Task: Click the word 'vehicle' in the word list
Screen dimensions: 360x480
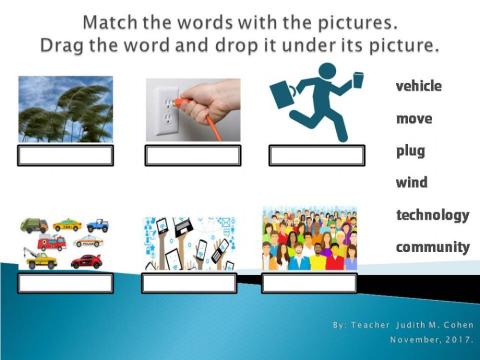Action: [418, 87]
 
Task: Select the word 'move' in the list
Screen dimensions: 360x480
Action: [413, 119]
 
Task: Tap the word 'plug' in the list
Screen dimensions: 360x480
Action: [410, 151]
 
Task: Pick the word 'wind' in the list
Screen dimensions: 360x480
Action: [411, 183]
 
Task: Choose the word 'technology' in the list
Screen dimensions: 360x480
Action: [432, 215]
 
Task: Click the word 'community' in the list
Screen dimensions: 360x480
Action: [432, 247]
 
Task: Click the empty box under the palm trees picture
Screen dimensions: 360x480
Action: [66, 155]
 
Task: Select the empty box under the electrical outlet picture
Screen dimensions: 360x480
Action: [192, 155]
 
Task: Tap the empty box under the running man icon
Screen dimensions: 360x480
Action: [316, 155]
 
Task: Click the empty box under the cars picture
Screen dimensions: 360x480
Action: [66, 283]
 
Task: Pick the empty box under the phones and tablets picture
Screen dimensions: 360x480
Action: [189, 283]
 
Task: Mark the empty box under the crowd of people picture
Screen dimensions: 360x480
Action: [309, 283]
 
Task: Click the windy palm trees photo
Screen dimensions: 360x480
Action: [66, 109]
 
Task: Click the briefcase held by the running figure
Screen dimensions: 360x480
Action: [285, 94]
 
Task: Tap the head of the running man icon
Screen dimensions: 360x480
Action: [327, 72]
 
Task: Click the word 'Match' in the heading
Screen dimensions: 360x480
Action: [117, 22]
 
